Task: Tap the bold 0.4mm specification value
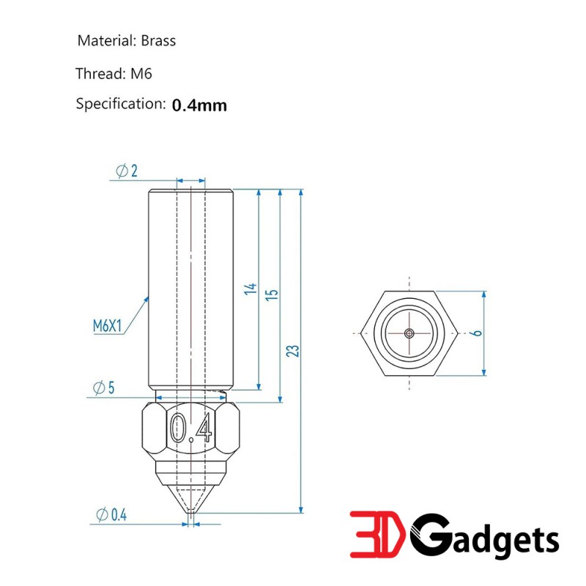tap(199, 105)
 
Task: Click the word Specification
tap(119, 104)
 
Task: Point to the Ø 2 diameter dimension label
tap(127, 171)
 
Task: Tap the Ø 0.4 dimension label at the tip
tap(111, 515)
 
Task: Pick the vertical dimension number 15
tap(272, 294)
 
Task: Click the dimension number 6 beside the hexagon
tap(477, 333)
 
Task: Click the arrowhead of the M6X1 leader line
tap(147, 297)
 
